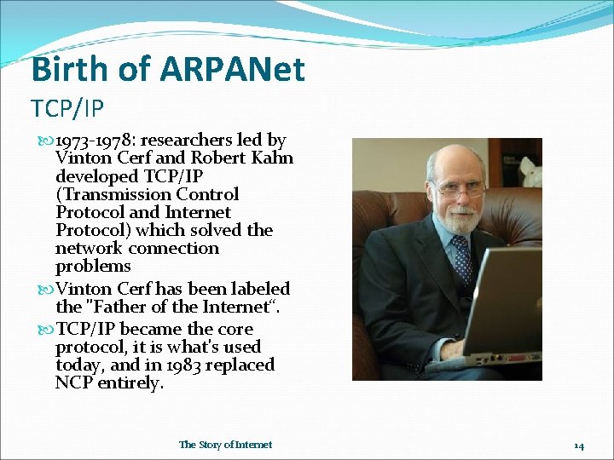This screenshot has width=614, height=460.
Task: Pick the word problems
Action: coord(93,267)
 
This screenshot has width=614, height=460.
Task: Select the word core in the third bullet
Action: coord(235,329)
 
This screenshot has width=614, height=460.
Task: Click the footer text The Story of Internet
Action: coord(225,445)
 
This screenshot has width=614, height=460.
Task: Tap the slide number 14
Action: coord(578,446)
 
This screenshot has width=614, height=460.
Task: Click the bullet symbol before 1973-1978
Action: coord(46,141)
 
